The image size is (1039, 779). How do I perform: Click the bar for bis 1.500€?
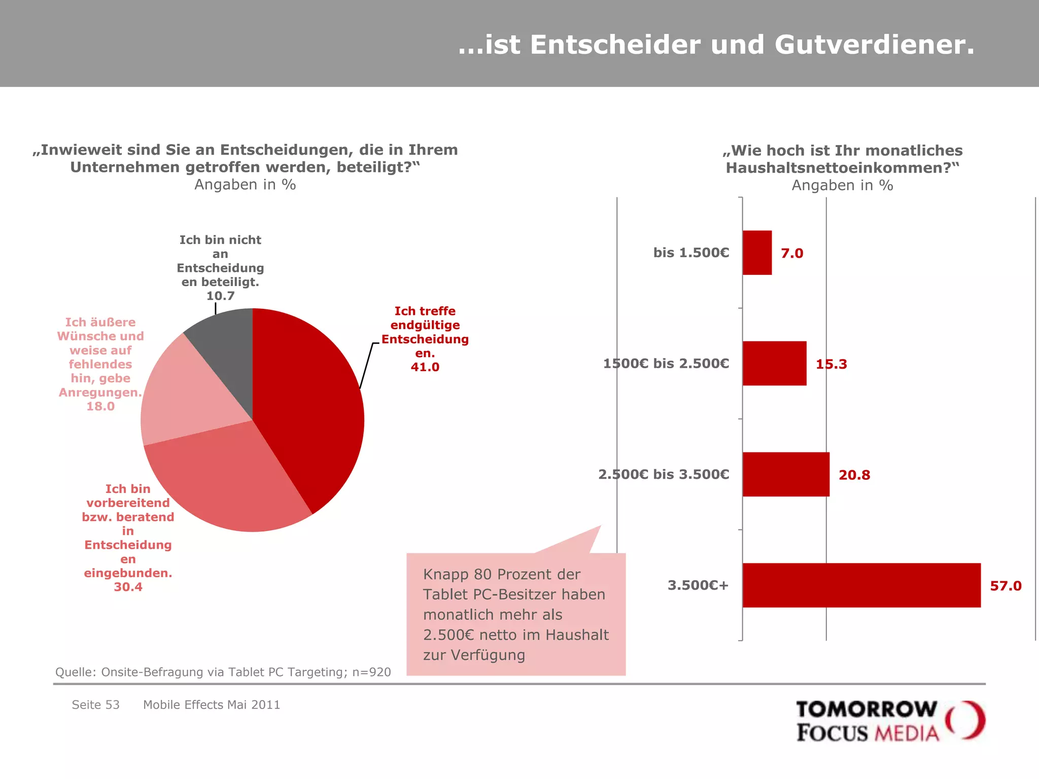pos(757,253)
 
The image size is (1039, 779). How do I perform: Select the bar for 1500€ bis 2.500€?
pos(774,363)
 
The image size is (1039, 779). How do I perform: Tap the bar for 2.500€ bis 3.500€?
pos(786,474)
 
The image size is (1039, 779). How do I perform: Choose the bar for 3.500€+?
pos(861,585)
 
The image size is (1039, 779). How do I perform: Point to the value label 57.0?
pos(1006,586)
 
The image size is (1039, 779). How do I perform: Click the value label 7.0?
pos(792,253)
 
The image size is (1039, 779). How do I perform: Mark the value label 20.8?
pos(854,475)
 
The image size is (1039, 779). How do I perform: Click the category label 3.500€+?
pos(698,585)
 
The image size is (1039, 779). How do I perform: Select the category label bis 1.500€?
pos(691,253)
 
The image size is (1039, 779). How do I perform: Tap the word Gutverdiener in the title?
pos(875,45)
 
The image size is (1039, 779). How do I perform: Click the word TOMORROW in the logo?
pos(867,710)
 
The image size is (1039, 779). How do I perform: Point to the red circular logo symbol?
pos(965,720)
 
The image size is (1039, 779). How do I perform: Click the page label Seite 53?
pos(95,705)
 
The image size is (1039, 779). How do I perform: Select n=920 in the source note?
pos(372,672)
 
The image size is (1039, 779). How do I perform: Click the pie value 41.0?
pos(425,367)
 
